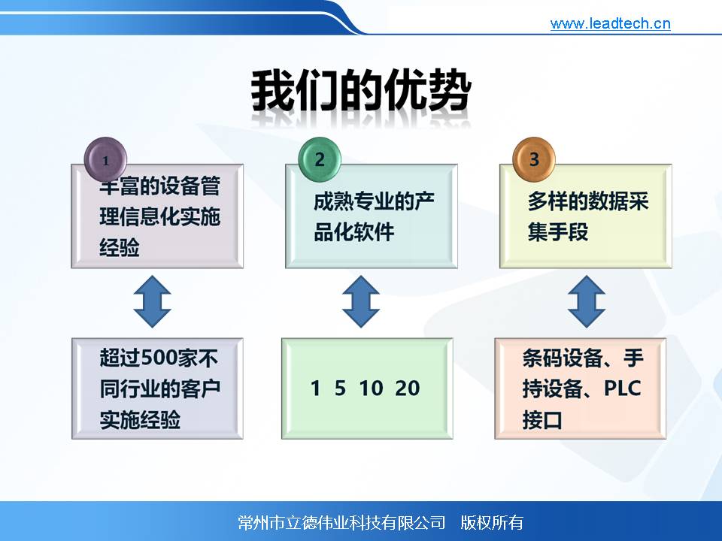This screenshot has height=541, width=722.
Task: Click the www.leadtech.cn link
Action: pyautogui.click(x=610, y=23)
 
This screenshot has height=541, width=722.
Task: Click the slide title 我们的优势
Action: pyautogui.click(x=361, y=89)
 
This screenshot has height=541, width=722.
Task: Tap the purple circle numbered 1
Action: pyautogui.click(x=105, y=159)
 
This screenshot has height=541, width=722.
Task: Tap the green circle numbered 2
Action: pyautogui.click(x=320, y=159)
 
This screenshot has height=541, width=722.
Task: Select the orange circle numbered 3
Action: pyautogui.click(x=534, y=159)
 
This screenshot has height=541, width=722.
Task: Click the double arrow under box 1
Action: pyautogui.click(x=153, y=302)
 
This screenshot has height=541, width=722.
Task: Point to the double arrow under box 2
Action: pyautogui.click(x=361, y=302)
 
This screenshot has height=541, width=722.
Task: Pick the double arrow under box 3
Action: pyautogui.click(x=586, y=302)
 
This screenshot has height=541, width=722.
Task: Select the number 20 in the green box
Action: pyautogui.click(x=408, y=388)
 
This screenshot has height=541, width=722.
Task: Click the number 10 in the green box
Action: pyautogui.click(x=371, y=388)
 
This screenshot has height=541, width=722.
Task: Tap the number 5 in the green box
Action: pyautogui.click(x=340, y=388)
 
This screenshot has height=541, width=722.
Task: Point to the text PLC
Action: pyautogui.click(x=622, y=388)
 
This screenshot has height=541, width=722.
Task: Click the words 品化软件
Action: pyautogui.click(x=353, y=232)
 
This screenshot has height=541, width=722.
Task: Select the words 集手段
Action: pyautogui.click(x=558, y=232)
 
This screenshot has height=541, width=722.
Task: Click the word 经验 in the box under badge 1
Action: pyautogui.click(x=120, y=248)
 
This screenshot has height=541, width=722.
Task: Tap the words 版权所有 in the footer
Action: pyautogui.click(x=492, y=523)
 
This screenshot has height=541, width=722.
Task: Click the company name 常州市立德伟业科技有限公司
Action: pyautogui.click(x=341, y=523)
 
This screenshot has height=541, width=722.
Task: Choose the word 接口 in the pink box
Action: pyautogui.click(x=542, y=420)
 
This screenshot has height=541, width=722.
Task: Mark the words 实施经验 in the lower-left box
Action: pyautogui.click(x=140, y=420)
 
